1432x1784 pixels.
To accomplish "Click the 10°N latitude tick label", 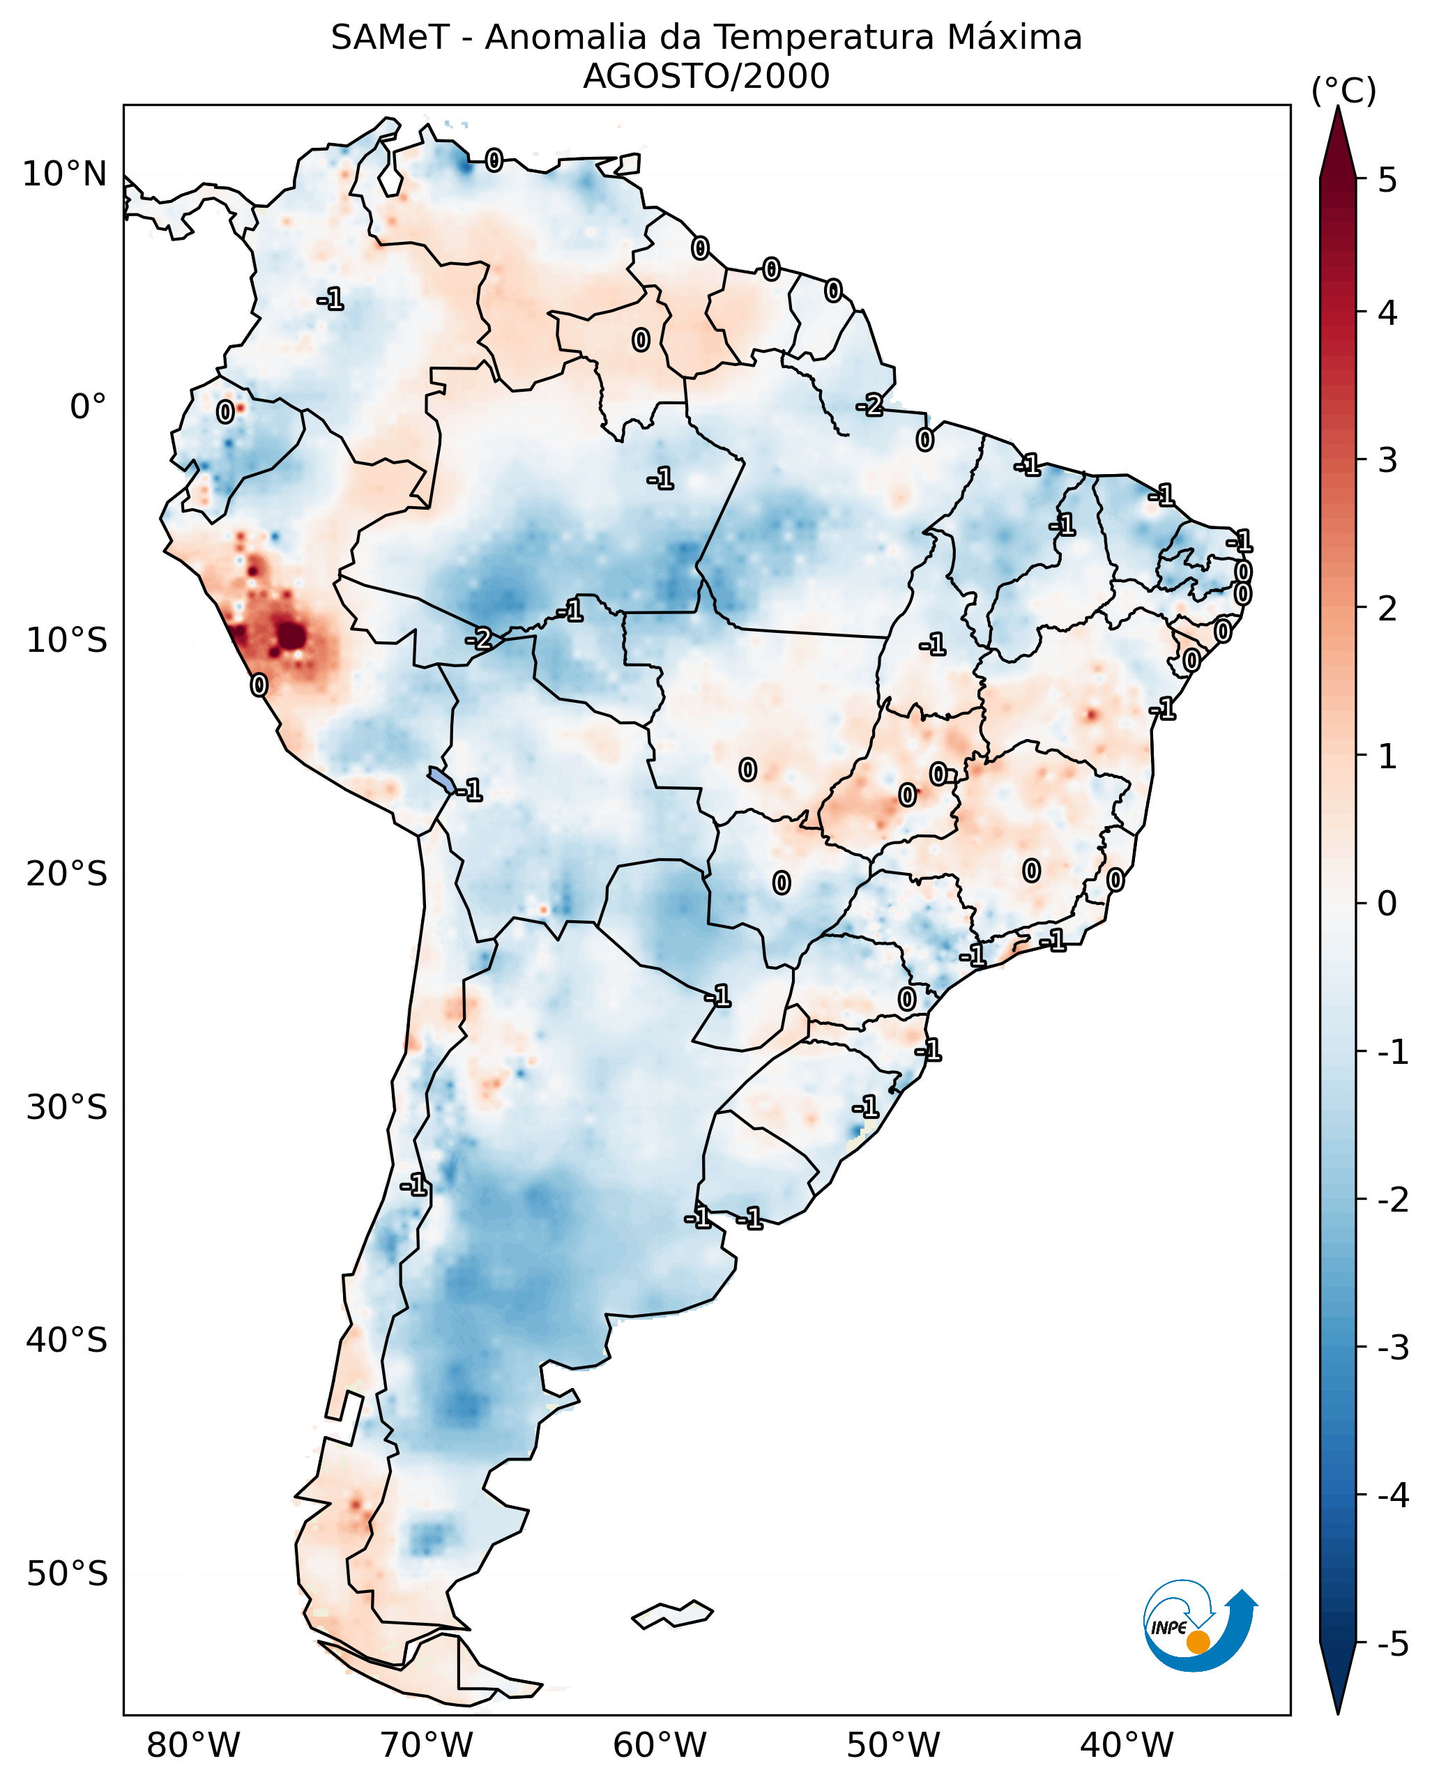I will (65, 174).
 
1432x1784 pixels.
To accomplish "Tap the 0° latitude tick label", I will (88, 407).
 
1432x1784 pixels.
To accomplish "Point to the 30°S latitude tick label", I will (67, 1107).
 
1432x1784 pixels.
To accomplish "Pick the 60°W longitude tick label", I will (660, 1745).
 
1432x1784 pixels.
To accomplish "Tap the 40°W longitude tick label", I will (1126, 1745).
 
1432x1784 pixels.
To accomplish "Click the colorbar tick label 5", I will (1387, 180).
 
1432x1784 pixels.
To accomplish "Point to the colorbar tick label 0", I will (1387, 903).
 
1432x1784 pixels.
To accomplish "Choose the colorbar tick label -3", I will (1392, 1348).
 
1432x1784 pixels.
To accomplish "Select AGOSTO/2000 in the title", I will (706, 77).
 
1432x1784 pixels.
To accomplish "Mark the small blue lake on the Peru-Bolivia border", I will (441, 779).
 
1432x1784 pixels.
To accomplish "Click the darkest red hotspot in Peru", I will (291, 636).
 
